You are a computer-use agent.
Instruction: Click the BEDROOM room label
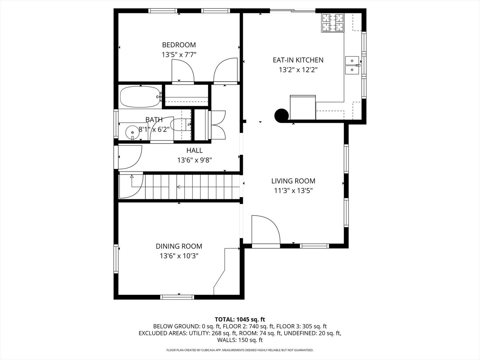coord(179,45)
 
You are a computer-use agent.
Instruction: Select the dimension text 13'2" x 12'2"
coord(298,70)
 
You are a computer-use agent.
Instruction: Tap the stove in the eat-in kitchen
coord(332,23)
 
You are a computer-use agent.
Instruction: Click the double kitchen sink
coord(352,65)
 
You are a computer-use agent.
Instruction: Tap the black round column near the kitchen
coord(281,116)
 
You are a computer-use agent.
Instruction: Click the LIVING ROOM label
coord(293,181)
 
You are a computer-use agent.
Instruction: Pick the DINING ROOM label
coord(179,246)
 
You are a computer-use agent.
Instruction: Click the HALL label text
coord(194,151)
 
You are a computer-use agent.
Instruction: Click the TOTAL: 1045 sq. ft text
coord(240,320)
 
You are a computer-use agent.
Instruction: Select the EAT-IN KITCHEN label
coord(298,60)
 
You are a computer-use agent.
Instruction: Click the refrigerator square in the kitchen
coord(303,107)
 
